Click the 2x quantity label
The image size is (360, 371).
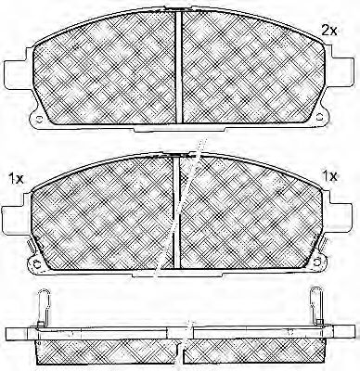328,31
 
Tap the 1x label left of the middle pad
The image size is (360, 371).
16,178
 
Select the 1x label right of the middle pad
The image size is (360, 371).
329,176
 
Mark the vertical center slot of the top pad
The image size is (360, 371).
179,67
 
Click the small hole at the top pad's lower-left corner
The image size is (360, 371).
39,119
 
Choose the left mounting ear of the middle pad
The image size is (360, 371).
16,218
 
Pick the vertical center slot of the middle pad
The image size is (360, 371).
176,212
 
